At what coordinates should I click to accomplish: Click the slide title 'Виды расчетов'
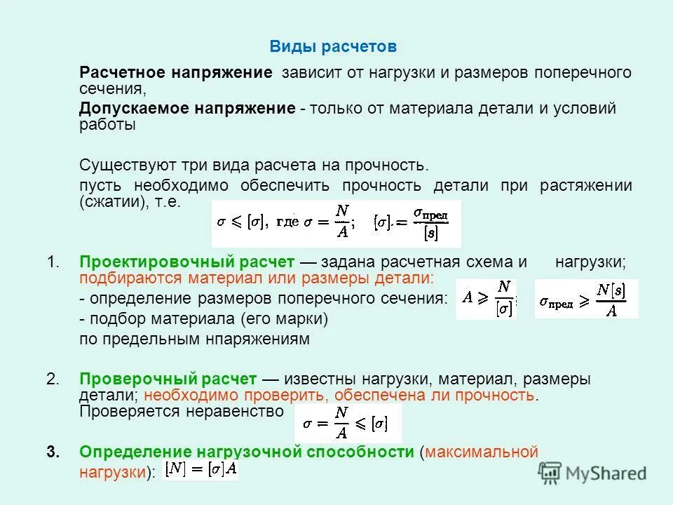coord(333,47)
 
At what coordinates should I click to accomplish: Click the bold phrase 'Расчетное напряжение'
coord(175,73)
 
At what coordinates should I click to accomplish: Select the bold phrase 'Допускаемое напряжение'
coord(186,109)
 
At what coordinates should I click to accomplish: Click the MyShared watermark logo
coord(593,473)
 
